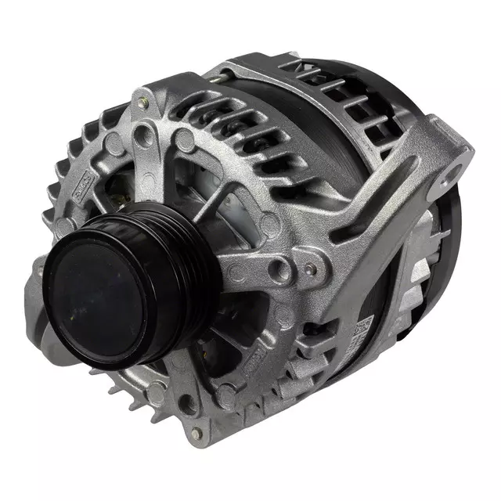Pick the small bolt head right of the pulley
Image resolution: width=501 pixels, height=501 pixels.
[311, 269]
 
